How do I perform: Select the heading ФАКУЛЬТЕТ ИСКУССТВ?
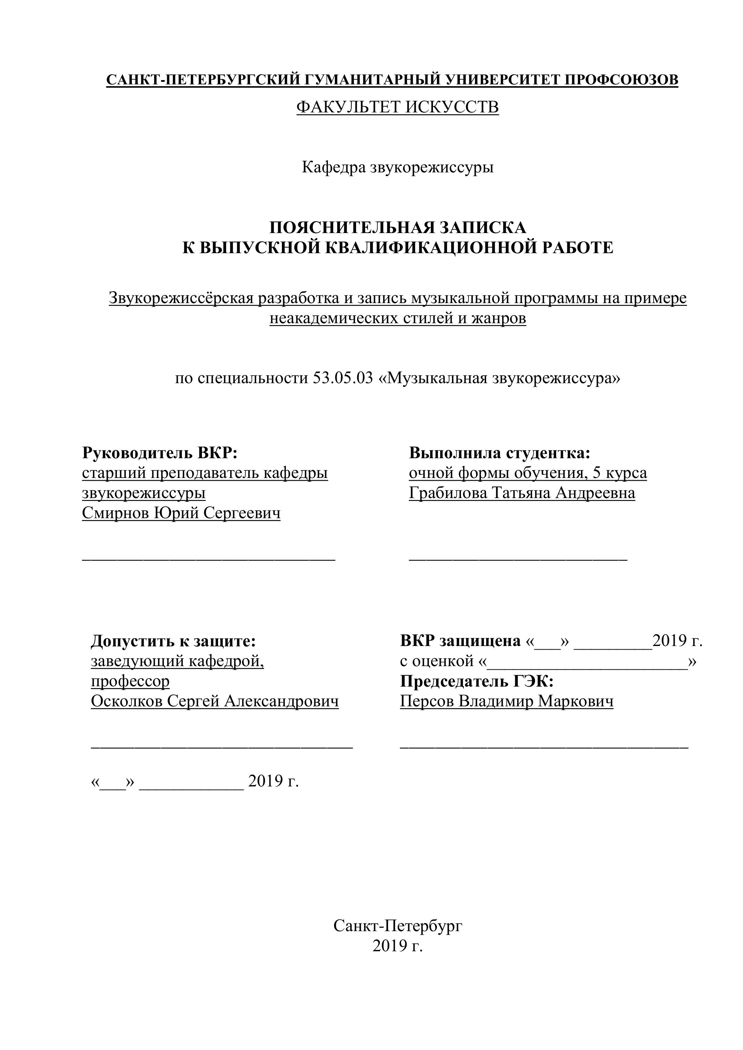click(x=398, y=107)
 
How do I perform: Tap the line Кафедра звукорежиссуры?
click(x=398, y=168)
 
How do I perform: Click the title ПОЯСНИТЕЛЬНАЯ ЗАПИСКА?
click(x=398, y=227)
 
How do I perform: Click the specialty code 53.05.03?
click(x=343, y=378)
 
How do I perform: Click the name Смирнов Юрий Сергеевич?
click(x=181, y=513)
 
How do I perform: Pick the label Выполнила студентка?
click(x=500, y=453)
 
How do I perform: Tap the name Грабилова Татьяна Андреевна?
click(x=522, y=493)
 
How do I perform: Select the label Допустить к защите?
click(x=174, y=641)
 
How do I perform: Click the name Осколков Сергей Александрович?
click(x=215, y=702)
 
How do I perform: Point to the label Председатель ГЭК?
click(x=477, y=682)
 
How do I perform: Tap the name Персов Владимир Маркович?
click(x=507, y=702)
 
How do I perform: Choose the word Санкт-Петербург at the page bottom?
click(x=398, y=926)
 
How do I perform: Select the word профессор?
click(x=130, y=682)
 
